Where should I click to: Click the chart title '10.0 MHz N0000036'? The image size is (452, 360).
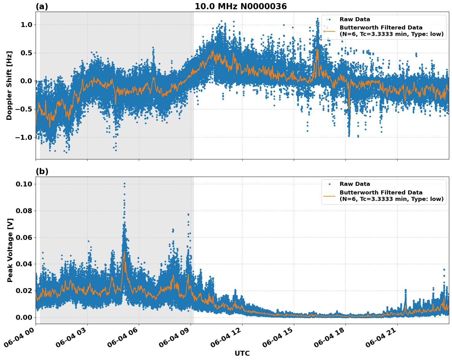(240, 6)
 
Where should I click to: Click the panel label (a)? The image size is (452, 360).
(42, 6)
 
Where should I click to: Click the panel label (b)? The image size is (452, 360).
(42, 171)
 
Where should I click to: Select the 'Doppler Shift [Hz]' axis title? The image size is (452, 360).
(9, 85)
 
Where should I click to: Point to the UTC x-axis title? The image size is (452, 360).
(242, 353)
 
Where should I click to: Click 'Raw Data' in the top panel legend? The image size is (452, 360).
(355, 19)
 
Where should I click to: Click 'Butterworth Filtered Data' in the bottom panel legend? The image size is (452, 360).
(381, 193)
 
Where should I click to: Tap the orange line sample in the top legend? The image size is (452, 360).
(329, 31)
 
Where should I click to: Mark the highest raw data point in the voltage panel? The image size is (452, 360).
(124, 183)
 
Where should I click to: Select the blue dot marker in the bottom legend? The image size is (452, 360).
(329, 184)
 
